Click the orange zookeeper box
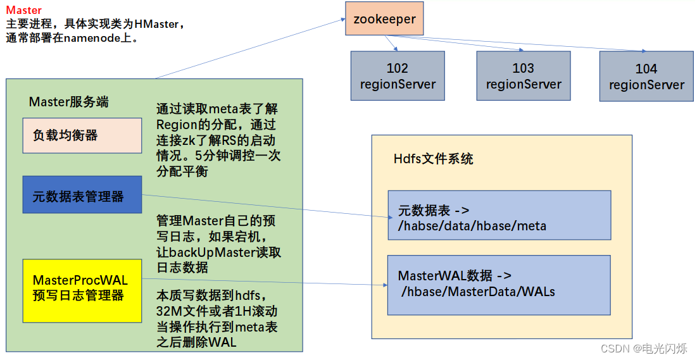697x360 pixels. coord(384,19)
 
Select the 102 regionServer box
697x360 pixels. coord(398,76)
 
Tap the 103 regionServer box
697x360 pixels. coord(523,76)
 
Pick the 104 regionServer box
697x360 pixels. coord(646,77)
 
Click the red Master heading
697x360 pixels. coord(24,10)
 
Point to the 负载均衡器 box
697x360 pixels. coord(82,135)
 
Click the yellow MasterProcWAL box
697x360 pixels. coord(82,288)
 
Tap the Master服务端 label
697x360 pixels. coord(68,102)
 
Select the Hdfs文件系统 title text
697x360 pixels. coord(433,159)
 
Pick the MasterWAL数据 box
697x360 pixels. coord(499,285)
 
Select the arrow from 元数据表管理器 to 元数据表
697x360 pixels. coord(266,207)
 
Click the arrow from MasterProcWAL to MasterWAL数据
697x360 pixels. coord(266,282)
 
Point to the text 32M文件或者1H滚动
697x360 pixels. coord(217,311)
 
